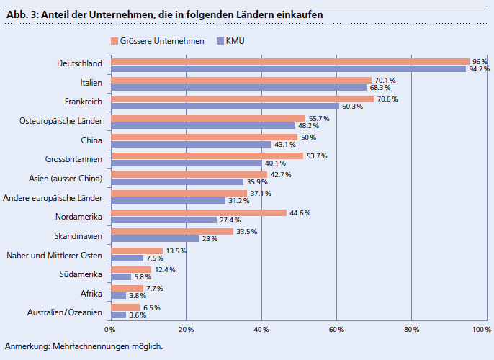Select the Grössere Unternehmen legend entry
157,41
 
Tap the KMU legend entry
230,41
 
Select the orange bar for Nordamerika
198,212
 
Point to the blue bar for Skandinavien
154,238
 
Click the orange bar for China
204,137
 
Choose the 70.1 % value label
385,80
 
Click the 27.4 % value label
229,220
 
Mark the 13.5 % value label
176,251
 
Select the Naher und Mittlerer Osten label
54,255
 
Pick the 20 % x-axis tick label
186,330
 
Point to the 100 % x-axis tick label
481,330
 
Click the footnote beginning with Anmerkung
84,346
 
